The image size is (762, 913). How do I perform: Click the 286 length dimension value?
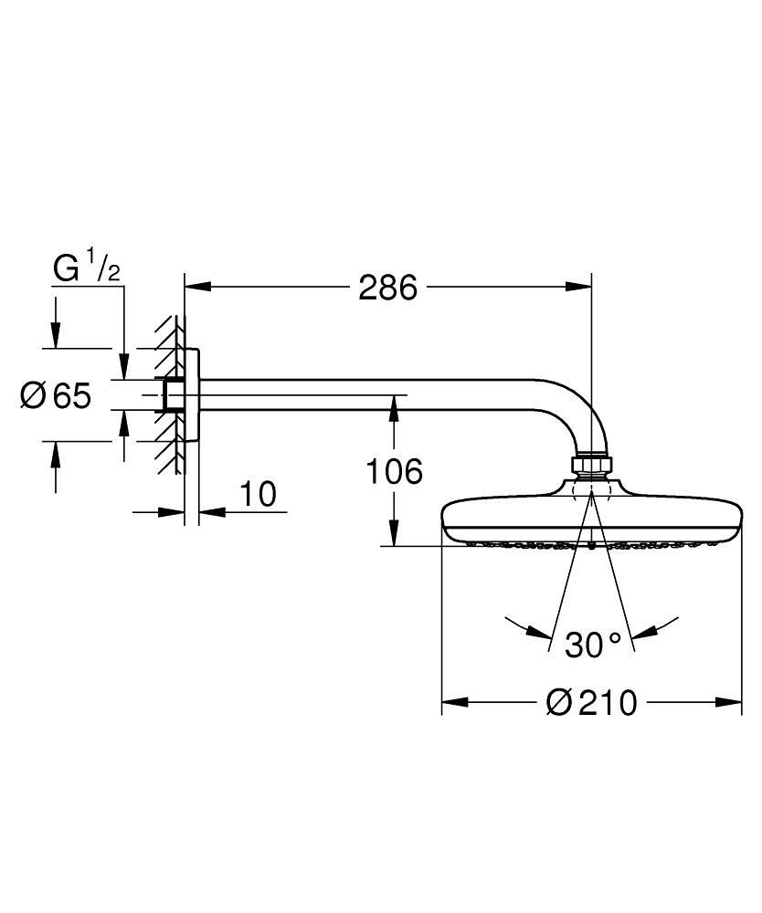387,288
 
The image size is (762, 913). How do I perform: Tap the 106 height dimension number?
394,472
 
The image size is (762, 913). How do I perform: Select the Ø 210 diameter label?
590,703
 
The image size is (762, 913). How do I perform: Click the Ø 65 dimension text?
56,396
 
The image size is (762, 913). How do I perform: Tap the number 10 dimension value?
259,495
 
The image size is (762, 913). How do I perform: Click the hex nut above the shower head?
591,465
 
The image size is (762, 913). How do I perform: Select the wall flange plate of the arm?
193,394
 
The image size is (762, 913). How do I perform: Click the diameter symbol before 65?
33,396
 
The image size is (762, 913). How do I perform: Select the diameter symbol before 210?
558,703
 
